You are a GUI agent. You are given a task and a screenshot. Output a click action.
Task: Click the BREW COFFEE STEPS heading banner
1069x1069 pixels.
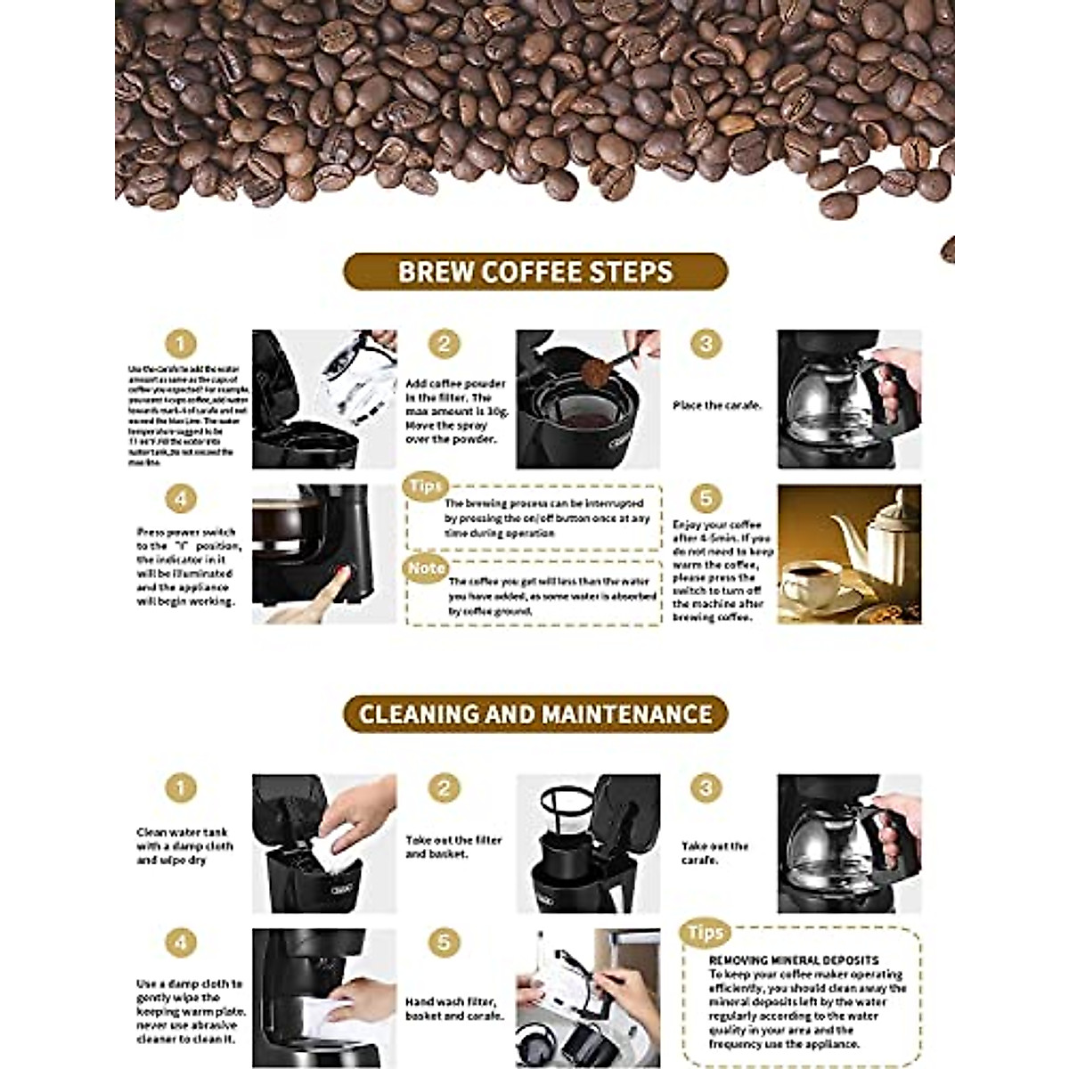[x=535, y=272]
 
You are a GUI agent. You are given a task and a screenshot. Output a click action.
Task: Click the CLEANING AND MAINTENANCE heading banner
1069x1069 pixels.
[x=535, y=714]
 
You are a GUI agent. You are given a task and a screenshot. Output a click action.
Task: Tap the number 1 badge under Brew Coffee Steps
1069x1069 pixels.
[x=180, y=345]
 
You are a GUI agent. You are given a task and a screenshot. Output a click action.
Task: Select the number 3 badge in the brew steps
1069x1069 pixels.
[x=706, y=345]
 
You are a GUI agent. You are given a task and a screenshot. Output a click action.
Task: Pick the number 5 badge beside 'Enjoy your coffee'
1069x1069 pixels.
[x=706, y=498]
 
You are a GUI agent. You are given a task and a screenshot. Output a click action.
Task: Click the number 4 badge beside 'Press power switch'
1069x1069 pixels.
[x=180, y=498]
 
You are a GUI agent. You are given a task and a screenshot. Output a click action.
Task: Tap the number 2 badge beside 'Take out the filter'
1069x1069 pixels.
[x=444, y=788]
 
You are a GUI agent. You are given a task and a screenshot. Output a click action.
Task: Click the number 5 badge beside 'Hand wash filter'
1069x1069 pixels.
[x=444, y=943]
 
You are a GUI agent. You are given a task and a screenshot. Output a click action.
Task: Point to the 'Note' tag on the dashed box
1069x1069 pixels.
[x=426, y=567]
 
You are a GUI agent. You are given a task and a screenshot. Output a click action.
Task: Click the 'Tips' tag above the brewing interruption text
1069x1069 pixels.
[x=425, y=486]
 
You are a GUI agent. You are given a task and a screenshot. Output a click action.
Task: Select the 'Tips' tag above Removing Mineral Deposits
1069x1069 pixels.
[x=705, y=933]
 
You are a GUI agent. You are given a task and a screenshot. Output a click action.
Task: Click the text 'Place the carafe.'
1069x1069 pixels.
[x=717, y=405]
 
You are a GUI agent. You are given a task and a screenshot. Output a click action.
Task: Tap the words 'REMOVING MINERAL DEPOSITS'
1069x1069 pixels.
[x=794, y=960]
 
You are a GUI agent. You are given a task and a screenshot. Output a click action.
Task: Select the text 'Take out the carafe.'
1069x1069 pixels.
[x=715, y=853]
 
